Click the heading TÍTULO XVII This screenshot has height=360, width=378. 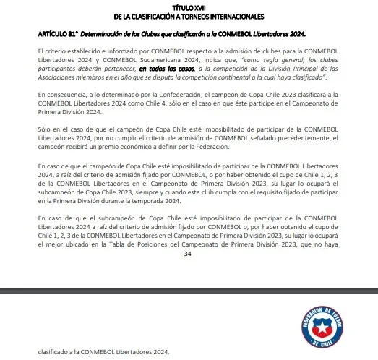(189, 7)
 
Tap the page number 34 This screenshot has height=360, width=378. (188, 254)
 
